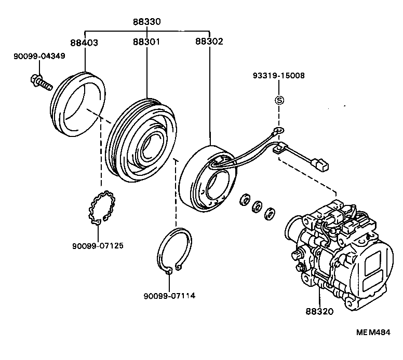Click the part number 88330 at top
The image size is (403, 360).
147,22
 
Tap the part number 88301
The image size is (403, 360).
147,41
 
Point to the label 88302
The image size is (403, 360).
209,41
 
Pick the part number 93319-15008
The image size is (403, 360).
279,76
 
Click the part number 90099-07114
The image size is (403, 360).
170,296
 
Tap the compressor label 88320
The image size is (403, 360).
319,312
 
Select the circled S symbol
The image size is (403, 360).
279,100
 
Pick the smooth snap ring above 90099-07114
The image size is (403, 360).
174,248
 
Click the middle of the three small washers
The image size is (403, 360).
256,207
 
